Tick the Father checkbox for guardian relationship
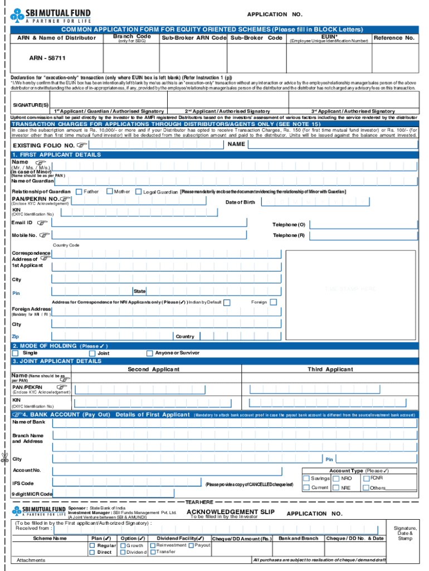pyautogui.click(x=79, y=192)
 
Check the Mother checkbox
pyautogui.click(x=109, y=192)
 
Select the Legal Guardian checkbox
pyautogui.click(x=139, y=192)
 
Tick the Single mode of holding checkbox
pyautogui.click(x=16, y=353)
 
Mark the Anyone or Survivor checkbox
pyautogui.click(x=149, y=353)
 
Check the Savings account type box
pyautogui.click(x=306, y=478)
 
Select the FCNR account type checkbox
pyautogui.click(x=366, y=478)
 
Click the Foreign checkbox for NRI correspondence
pyautogui.click(x=273, y=302)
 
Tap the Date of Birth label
pyautogui.click(x=240, y=202)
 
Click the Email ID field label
pyautogui.click(x=22, y=223)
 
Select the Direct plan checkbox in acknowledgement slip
pyautogui.click(x=92, y=552)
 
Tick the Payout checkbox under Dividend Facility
pyautogui.click(x=191, y=545)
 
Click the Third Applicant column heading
pyautogui.click(x=330, y=369)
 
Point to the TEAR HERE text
pyautogui.click(x=199, y=502)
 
